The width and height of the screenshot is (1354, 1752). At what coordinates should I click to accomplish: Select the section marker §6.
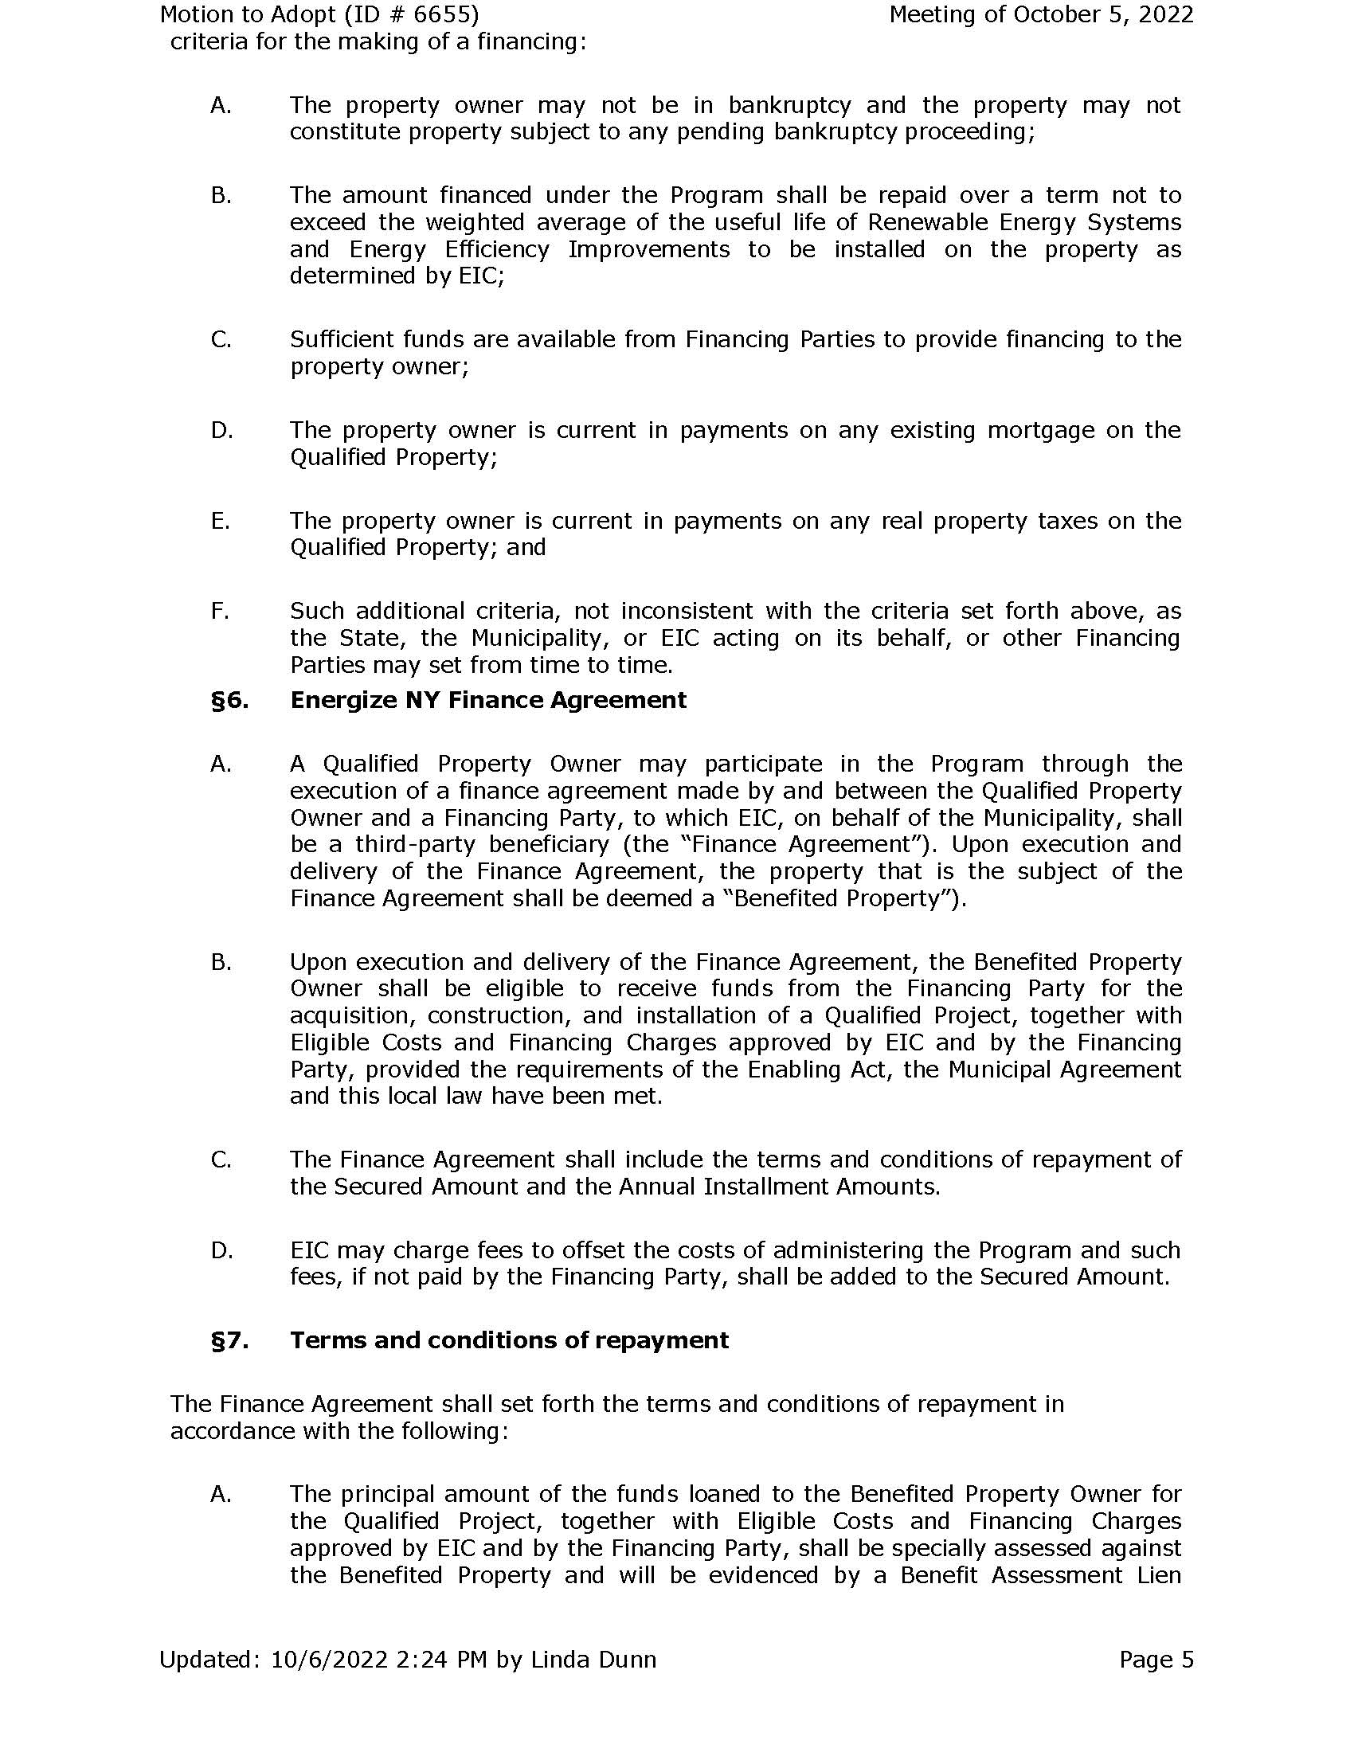230,700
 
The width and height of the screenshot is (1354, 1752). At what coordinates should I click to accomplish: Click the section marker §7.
230,1340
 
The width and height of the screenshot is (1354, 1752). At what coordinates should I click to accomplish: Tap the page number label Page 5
1156,1660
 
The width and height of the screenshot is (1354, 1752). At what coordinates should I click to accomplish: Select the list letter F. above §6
220,612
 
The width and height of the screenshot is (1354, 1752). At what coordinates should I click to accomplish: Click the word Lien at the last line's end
1159,1575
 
